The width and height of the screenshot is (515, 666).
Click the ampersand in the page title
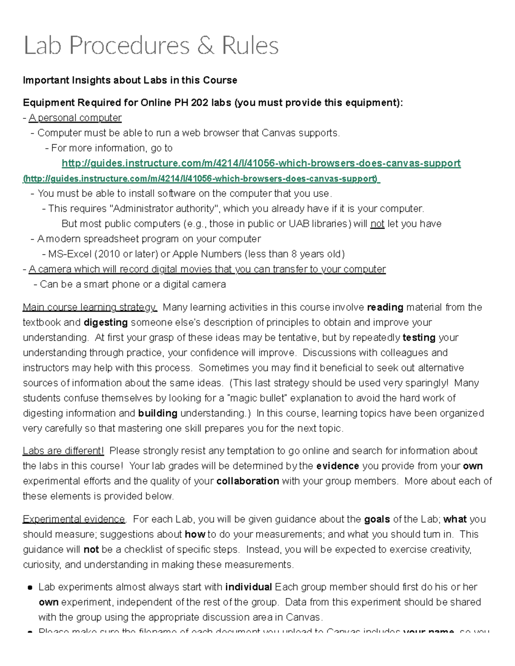(206, 46)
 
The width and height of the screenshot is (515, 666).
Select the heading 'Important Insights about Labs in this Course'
(130, 80)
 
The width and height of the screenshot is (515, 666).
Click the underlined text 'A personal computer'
(75, 118)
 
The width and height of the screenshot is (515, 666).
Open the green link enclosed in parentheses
(201, 179)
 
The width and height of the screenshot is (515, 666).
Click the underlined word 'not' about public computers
(377, 224)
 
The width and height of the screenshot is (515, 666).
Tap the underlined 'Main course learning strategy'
(90, 307)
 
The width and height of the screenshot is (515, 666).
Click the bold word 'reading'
(385, 307)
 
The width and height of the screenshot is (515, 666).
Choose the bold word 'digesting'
(106, 322)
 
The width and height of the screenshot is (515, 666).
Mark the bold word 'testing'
(419, 338)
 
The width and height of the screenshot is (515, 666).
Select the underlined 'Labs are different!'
(63, 451)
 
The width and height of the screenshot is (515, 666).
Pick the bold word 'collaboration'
(248, 481)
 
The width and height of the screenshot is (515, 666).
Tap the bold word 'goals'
(377, 519)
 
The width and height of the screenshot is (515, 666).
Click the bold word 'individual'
(248, 587)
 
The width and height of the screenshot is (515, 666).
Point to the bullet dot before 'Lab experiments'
(30, 588)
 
